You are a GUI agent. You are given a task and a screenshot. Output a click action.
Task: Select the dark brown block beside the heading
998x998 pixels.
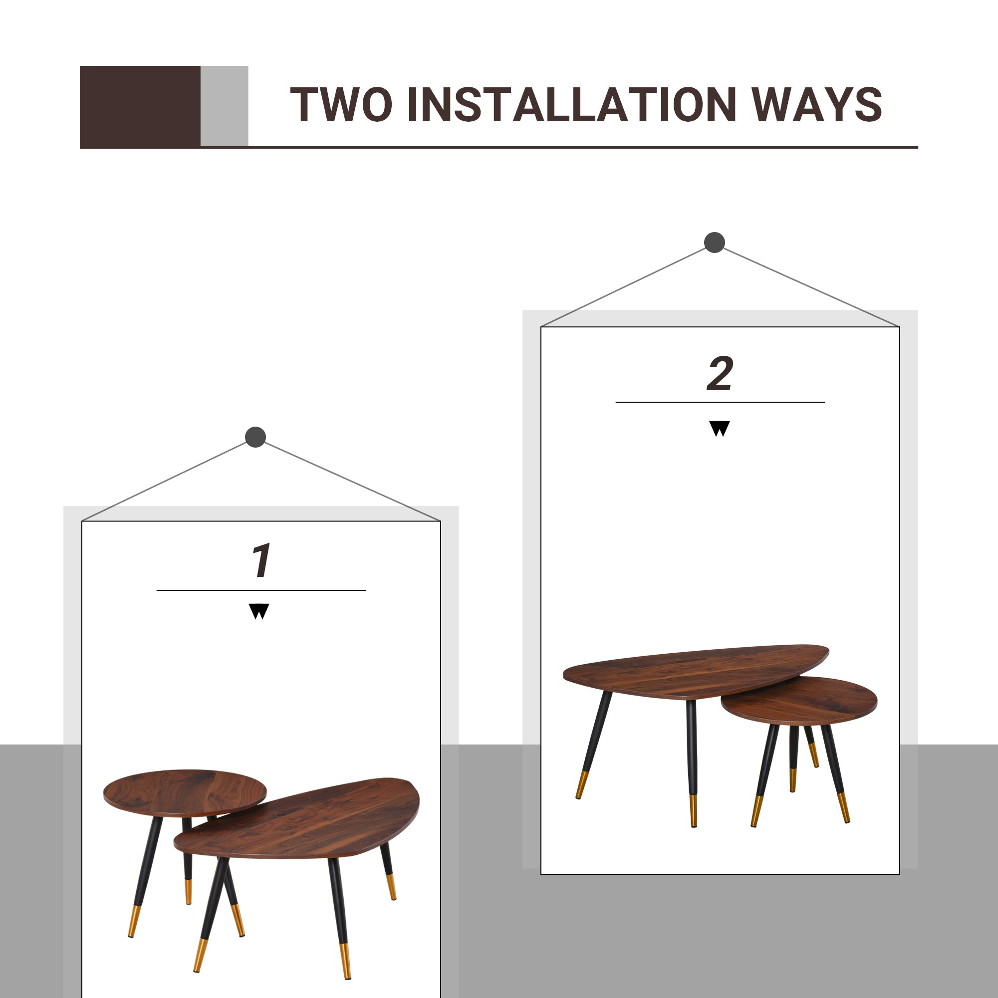pyautogui.click(x=140, y=106)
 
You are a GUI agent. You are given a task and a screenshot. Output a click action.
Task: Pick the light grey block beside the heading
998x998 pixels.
pyautogui.click(x=224, y=106)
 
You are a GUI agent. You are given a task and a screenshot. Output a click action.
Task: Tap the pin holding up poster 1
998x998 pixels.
pyautogui.click(x=255, y=437)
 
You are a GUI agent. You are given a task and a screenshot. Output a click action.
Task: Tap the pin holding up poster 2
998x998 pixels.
pyautogui.click(x=715, y=243)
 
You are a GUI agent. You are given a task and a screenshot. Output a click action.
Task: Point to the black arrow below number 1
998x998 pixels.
pyautogui.click(x=259, y=611)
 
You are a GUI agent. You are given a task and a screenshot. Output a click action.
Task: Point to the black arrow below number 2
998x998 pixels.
pyautogui.click(x=720, y=428)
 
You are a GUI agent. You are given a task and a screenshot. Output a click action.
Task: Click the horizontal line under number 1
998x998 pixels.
pyautogui.click(x=261, y=590)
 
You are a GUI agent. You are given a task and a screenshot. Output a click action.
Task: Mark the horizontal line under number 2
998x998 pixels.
pyautogui.click(x=720, y=402)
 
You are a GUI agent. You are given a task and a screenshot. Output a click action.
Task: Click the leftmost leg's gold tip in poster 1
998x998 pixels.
pyautogui.click(x=133, y=921)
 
